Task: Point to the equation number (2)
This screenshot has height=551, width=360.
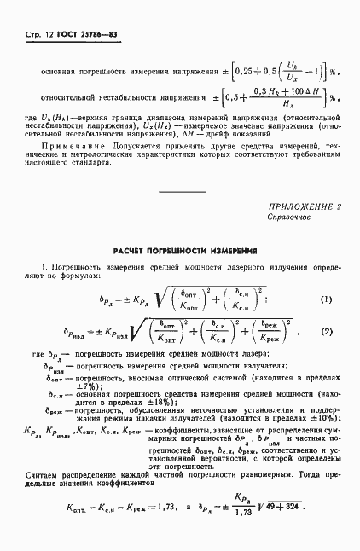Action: (x=325, y=330)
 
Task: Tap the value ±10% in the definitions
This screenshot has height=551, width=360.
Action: (x=311, y=419)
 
